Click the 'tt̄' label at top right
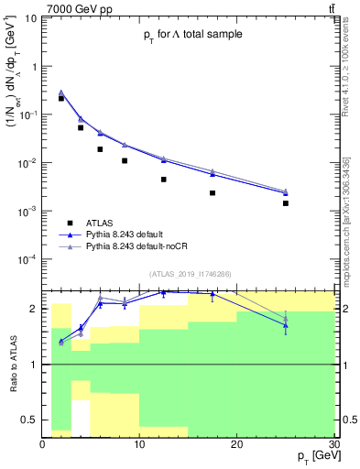tap(330, 8)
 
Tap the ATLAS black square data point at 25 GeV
tap(286, 203)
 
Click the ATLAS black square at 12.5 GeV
tap(164, 180)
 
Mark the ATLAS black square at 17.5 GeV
tap(213, 193)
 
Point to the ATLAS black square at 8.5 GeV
tap(125, 160)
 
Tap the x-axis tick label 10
tap(139, 444)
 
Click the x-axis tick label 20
tap(236, 444)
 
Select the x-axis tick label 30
tap(332, 444)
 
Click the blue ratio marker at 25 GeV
tap(286, 325)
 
